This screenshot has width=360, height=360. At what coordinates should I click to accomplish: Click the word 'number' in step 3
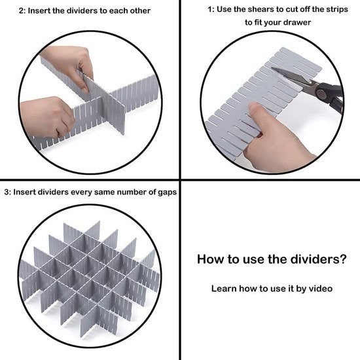click(131, 192)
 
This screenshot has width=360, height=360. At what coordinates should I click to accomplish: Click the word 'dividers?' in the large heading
click(318, 259)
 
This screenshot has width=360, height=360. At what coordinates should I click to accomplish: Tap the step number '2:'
click(22, 10)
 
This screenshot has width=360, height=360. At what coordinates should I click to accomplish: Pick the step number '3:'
click(8, 192)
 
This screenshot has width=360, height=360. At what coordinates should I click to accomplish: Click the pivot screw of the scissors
click(320, 94)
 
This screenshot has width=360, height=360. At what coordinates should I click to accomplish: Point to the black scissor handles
click(331, 96)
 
